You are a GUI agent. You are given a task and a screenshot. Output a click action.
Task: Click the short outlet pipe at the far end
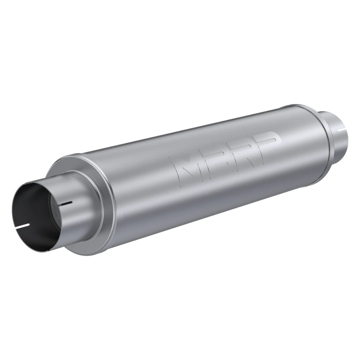point(333,133)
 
